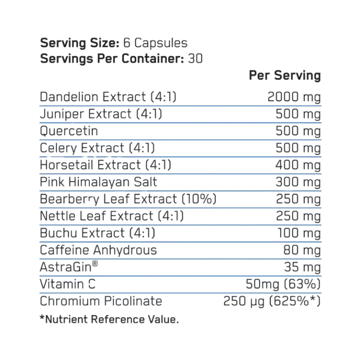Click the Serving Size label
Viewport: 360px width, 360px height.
coord(80,43)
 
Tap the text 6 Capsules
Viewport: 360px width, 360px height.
coord(156,43)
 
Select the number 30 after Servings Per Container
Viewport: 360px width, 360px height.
coord(195,58)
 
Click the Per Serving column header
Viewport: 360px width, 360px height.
coord(285,75)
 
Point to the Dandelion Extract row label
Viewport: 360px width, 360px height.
coord(108,97)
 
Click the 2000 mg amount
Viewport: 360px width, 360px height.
coord(294,97)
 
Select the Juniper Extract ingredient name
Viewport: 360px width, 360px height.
coord(101,114)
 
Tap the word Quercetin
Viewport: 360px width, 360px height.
coord(69,131)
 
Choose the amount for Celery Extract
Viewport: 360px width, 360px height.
coord(298,148)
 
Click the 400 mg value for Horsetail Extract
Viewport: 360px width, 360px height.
coord(298,165)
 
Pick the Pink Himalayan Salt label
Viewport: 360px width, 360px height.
coord(98,182)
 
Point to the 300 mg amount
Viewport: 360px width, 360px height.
coord(298,182)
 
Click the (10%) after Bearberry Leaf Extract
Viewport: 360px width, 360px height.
coord(199,199)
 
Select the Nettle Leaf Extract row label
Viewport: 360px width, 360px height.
coord(112,216)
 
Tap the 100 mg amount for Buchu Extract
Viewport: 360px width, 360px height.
coord(299,233)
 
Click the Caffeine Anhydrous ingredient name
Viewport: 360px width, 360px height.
coord(98,250)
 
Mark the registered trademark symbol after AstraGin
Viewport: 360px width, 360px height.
coord(95,263)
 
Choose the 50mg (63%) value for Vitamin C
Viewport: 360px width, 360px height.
coord(283,284)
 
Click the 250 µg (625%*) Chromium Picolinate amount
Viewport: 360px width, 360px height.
coord(272,301)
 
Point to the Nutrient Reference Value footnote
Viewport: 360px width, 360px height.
coord(109,319)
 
